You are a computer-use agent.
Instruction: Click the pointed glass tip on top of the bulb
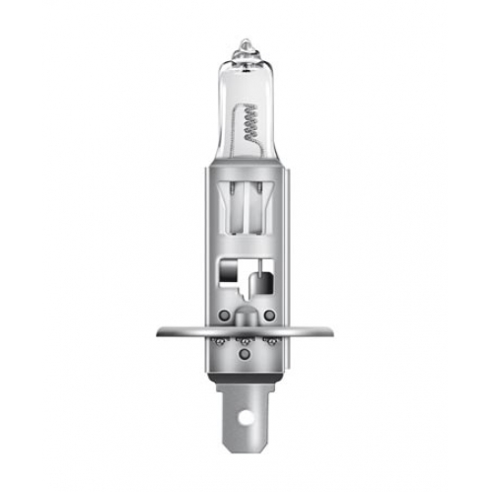pyautogui.click(x=246, y=42)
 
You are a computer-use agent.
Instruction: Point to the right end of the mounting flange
pyautogui.click(x=333, y=330)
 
